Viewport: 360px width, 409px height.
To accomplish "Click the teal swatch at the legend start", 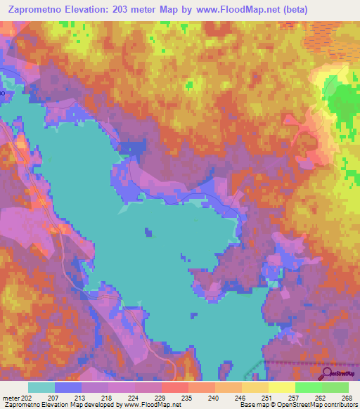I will coord(41,387).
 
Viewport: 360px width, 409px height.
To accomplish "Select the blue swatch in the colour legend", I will coord(68,387).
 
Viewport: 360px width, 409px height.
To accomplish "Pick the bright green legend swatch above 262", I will coord(308,387).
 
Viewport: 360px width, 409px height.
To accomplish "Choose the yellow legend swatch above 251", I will coord(255,387).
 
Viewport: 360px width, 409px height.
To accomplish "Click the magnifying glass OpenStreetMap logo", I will coord(326,373).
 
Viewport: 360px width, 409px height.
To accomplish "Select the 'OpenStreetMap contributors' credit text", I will coord(316,405).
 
